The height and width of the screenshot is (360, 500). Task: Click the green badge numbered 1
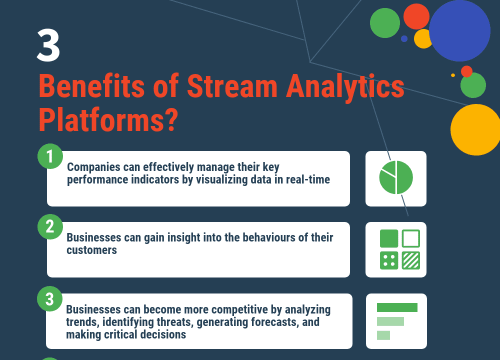tap(50, 156)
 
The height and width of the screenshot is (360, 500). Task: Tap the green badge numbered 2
tap(50, 227)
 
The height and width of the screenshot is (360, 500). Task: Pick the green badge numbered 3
tap(50, 299)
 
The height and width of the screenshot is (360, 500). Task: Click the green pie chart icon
tap(396, 177)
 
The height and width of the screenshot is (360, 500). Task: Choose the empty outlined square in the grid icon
tap(411, 238)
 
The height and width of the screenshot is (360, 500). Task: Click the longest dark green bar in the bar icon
tap(397, 307)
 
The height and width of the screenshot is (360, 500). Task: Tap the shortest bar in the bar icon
tap(383, 335)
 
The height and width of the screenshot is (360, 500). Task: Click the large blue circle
tap(459, 30)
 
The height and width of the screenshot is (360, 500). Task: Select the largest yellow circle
tap(475, 129)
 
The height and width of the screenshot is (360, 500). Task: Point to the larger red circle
tap(416, 16)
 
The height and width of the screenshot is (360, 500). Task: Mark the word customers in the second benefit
tap(92, 250)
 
